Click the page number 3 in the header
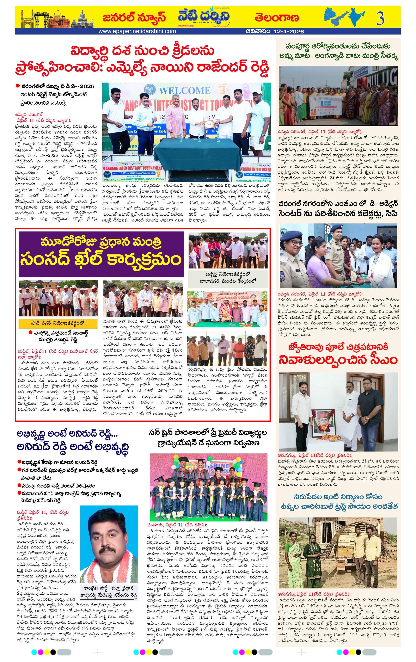380,18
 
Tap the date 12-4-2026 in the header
288,31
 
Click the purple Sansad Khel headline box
101,254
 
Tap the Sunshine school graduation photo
208,487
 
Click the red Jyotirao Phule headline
338,355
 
